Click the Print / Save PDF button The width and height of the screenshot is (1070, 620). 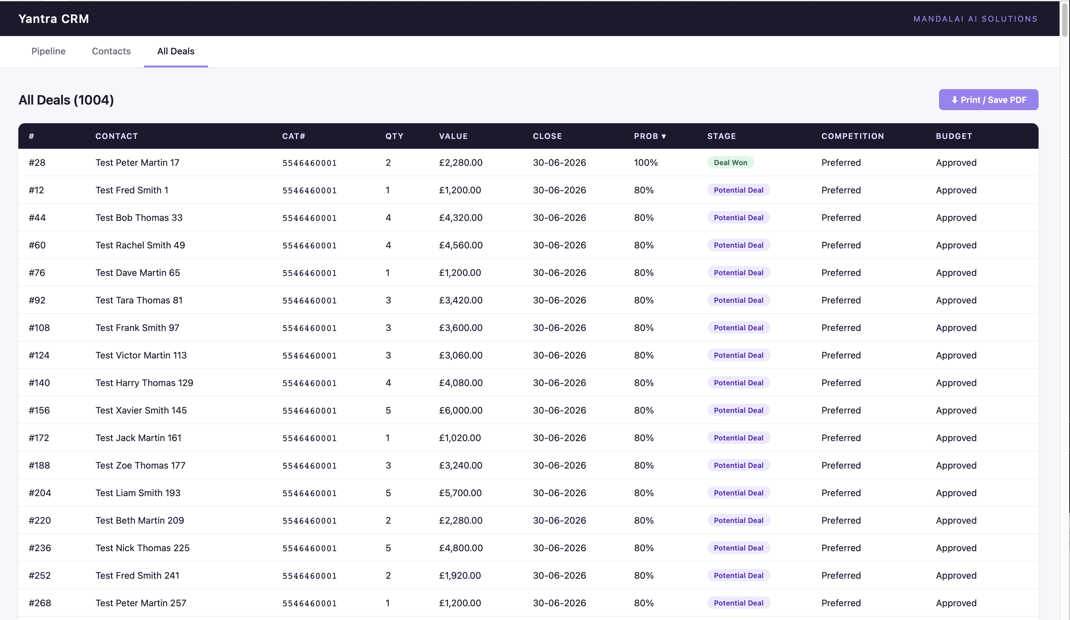pos(988,100)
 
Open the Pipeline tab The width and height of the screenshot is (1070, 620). pos(48,51)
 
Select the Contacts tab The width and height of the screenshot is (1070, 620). pos(111,51)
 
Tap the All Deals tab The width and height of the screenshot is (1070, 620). pos(176,51)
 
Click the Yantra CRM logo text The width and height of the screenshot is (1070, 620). pos(53,19)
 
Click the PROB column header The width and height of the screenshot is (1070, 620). pos(650,136)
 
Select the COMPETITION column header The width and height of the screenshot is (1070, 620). pos(852,136)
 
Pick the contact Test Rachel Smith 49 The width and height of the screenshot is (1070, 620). pos(140,245)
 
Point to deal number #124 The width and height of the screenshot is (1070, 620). pos(39,355)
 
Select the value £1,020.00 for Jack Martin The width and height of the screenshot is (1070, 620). pos(459,438)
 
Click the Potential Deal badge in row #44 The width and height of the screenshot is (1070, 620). pos(738,218)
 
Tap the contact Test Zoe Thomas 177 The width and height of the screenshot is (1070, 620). pos(140,466)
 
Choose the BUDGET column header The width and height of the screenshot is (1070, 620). pos(954,136)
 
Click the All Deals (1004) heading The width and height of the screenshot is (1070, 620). pos(66,100)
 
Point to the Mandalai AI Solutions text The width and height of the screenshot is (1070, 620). pos(975,19)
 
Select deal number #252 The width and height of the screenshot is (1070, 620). pos(40,576)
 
